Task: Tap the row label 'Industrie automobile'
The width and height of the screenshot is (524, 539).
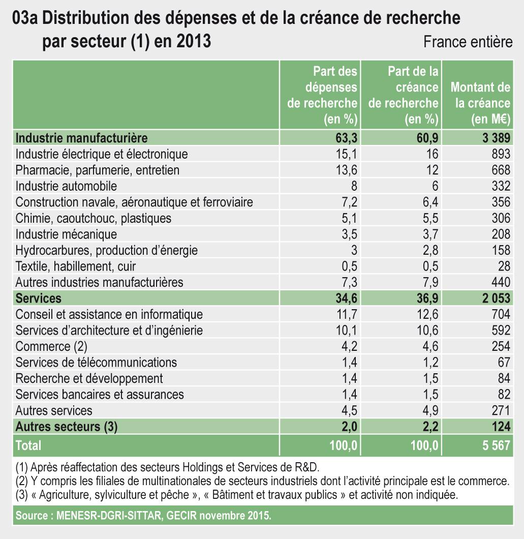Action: click(x=66, y=186)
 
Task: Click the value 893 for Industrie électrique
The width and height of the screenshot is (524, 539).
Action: click(x=499, y=154)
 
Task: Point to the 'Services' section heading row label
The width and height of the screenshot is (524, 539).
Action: click(x=39, y=298)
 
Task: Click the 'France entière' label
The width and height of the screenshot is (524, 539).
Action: click(x=468, y=42)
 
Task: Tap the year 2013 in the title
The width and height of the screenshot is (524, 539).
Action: click(x=194, y=41)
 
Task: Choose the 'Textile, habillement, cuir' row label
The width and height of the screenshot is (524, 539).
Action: click(x=76, y=266)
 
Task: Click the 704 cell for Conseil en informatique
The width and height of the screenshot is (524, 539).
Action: click(x=499, y=314)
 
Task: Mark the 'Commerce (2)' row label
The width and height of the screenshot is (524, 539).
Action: click(x=52, y=347)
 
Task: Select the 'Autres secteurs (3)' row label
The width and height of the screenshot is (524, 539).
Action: click(x=67, y=427)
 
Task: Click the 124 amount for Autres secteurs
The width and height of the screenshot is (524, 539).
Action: click(x=499, y=427)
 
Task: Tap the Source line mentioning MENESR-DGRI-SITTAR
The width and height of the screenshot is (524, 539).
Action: click(x=144, y=516)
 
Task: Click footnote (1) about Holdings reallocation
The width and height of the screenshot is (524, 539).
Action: click(x=168, y=467)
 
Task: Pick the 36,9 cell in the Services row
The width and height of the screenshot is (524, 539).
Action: click(x=426, y=298)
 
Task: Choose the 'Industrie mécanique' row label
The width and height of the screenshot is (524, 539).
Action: click(x=66, y=234)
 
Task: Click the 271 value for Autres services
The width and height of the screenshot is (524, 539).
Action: click(x=499, y=410)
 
